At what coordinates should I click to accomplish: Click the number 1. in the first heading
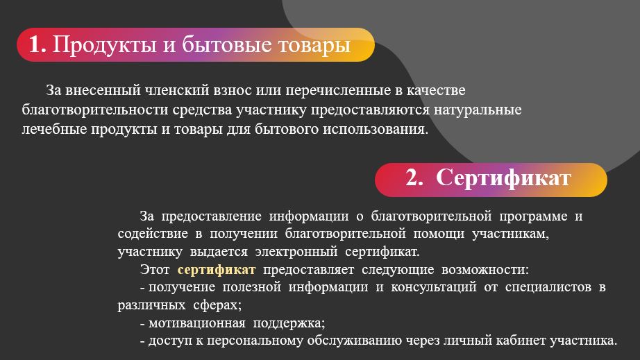(x=37, y=44)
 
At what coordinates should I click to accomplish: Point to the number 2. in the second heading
(x=414, y=178)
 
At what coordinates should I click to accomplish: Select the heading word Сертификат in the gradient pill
(x=503, y=178)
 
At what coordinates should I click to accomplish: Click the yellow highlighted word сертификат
(x=217, y=270)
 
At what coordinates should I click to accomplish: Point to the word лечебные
(x=54, y=129)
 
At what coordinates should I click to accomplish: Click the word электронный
(x=296, y=252)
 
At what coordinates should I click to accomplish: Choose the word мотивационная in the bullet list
(x=196, y=323)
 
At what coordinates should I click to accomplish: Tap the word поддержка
(x=289, y=323)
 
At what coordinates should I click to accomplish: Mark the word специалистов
(x=548, y=287)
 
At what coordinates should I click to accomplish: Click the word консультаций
(x=433, y=287)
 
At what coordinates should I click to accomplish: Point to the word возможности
(x=485, y=270)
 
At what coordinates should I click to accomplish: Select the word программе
(x=533, y=216)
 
